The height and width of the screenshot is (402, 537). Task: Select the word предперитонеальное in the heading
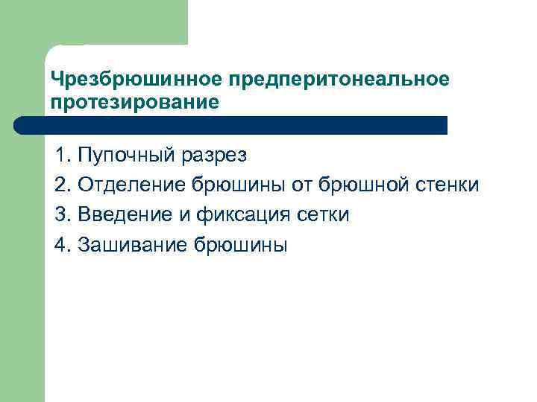click(x=340, y=79)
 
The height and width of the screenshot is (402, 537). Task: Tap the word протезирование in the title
click(x=136, y=101)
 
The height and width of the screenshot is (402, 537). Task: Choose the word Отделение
click(x=131, y=185)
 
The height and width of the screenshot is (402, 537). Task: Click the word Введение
click(x=123, y=215)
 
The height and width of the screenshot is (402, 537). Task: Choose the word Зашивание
click(x=131, y=245)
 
